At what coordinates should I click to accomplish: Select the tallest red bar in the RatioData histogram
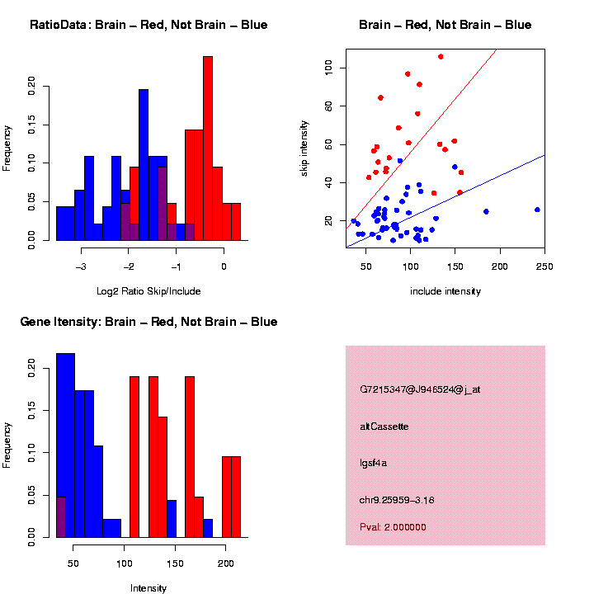tap(208, 148)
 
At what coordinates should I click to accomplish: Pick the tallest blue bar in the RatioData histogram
tap(144, 165)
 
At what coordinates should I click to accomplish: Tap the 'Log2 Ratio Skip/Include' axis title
tap(148, 291)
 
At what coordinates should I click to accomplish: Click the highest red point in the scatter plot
tap(441, 57)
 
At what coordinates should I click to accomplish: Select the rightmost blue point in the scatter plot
tap(537, 210)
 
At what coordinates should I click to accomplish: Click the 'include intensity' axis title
tap(445, 291)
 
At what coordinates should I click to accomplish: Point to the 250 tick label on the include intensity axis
tap(544, 266)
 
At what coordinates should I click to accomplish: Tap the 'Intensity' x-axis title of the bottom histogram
tap(148, 588)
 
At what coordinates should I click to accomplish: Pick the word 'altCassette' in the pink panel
tap(384, 427)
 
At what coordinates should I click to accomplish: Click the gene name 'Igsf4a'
tap(374, 463)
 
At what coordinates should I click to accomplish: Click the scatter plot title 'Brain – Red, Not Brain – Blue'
tap(445, 25)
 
